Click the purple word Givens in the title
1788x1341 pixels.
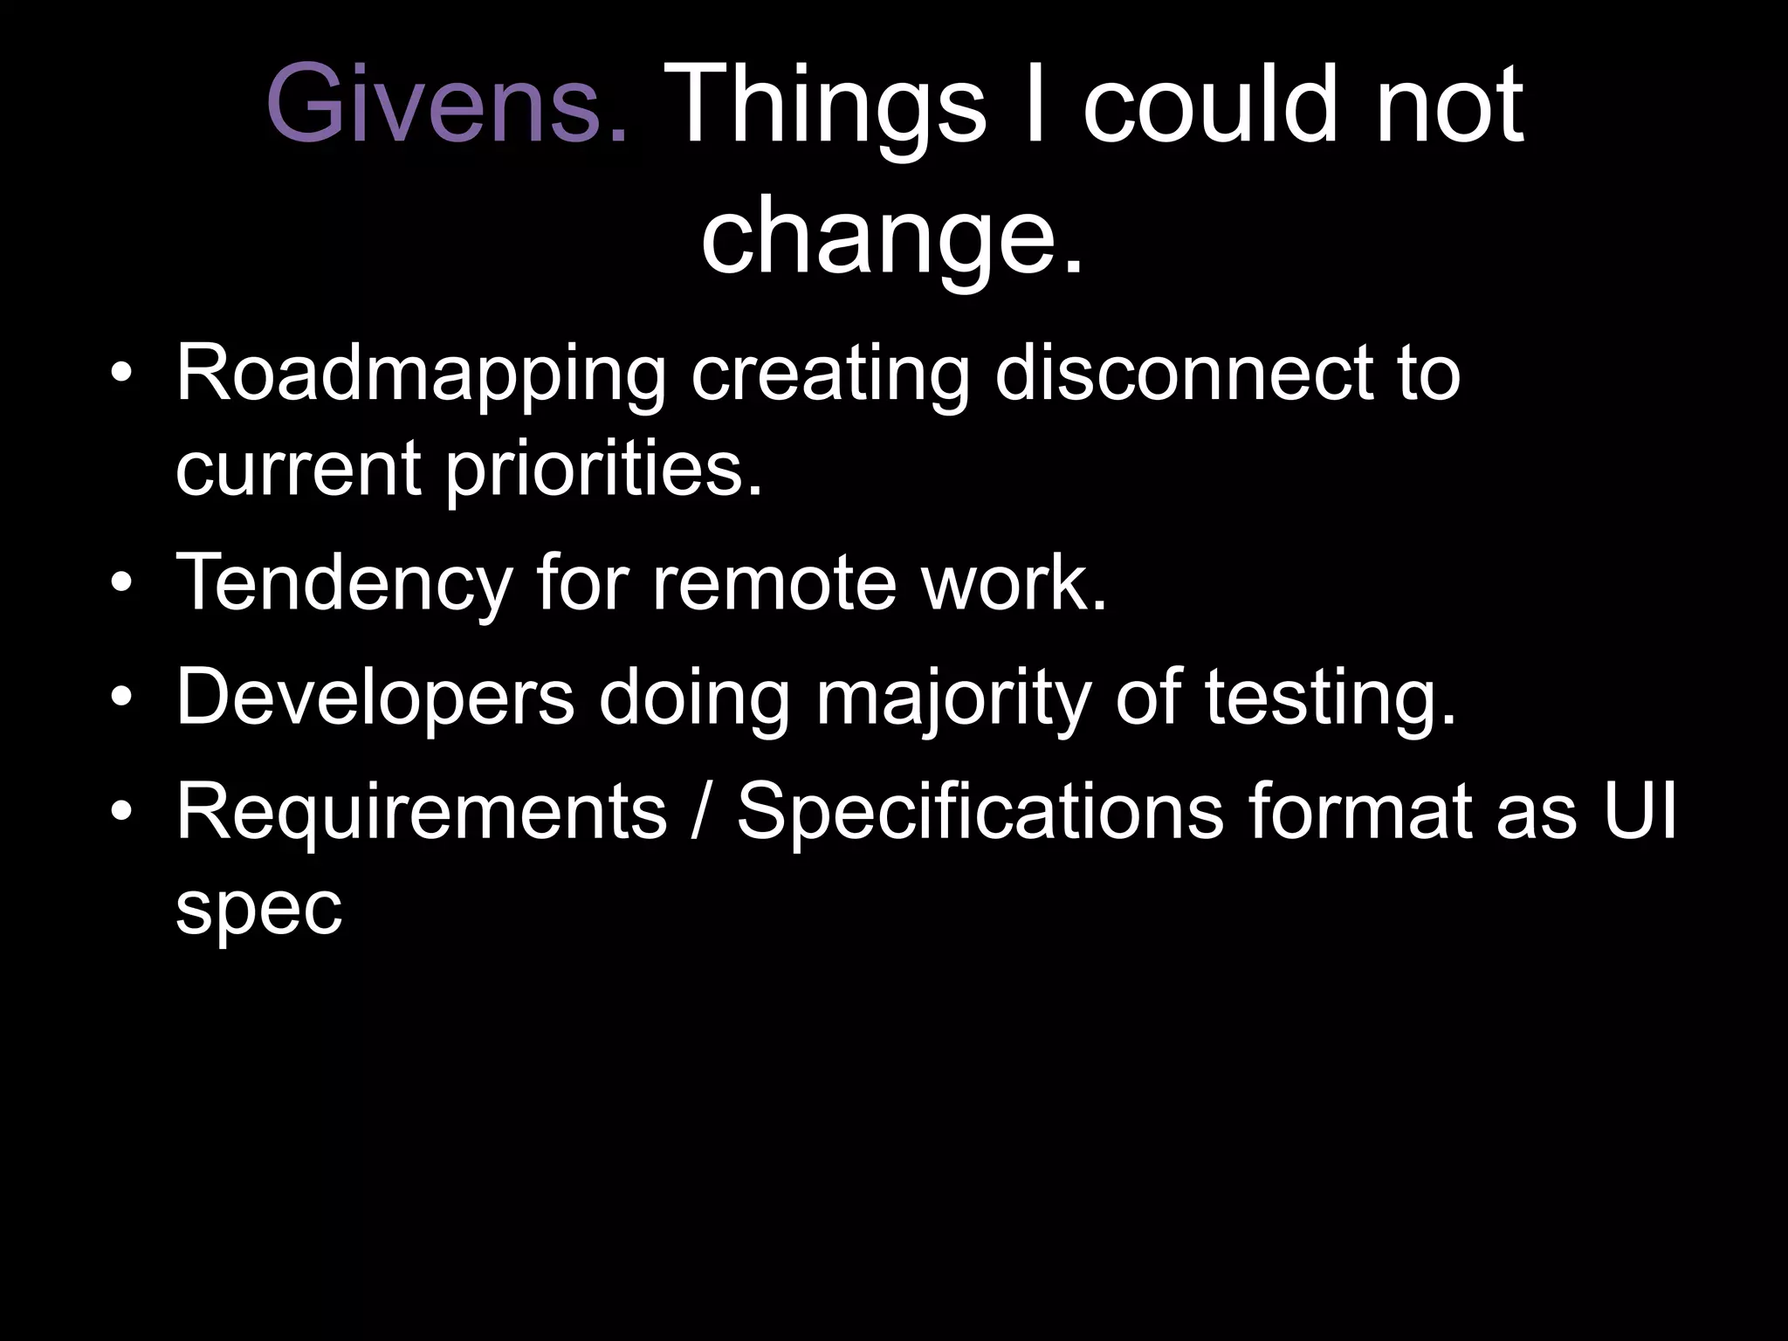click(446, 106)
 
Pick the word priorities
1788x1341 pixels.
click(602, 470)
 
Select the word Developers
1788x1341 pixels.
click(375, 698)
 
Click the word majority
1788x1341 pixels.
click(952, 698)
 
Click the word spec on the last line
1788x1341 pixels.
click(258, 908)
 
